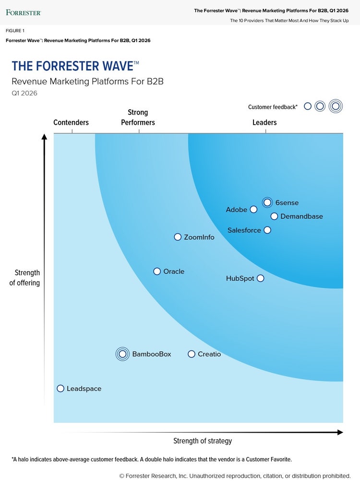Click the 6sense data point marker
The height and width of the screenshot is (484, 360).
(x=267, y=202)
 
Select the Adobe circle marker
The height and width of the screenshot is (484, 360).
(x=254, y=209)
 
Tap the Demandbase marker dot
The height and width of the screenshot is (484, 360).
(x=274, y=216)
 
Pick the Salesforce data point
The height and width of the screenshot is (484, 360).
(x=267, y=230)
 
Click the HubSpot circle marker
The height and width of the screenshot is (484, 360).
(x=260, y=278)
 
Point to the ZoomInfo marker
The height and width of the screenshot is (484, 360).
(x=178, y=237)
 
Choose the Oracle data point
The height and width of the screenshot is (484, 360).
(x=157, y=272)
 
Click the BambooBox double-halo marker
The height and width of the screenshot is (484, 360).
(x=122, y=354)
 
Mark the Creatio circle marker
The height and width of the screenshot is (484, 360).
(x=192, y=354)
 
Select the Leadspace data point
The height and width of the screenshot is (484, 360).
(x=60, y=389)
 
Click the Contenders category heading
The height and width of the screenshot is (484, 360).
(x=71, y=122)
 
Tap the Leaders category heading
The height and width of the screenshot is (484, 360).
(x=264, y=122)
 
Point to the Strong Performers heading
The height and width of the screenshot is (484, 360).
(x=138, y=118)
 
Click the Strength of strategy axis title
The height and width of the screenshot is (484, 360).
(x=203, y=441)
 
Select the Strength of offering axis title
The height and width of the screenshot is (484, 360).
(x=24, y=278)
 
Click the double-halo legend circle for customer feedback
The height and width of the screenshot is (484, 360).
(x=336, y=106)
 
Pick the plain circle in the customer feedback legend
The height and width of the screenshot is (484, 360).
(x=308, y=106)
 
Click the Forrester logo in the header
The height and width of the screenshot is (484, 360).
(x=24, y=12)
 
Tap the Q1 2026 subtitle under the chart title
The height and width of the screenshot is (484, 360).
(x=24, y=93)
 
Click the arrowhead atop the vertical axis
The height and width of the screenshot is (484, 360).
(x=45, y=137)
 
